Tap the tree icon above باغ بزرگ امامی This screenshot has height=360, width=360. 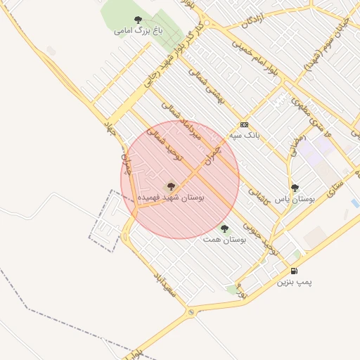pos(137,20)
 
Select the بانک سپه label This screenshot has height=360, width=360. pos(245,134)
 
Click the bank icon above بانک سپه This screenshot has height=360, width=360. pos(244,123)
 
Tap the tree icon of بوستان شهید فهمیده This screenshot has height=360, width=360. pos(170,186)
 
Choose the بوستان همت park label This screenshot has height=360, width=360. pos(224,240)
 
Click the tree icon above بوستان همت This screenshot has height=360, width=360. pos(224,229)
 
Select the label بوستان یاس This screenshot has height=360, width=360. pos(295,200)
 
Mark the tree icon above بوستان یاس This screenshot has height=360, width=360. pos(295,188)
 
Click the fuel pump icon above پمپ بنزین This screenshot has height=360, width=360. pos(293,271)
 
